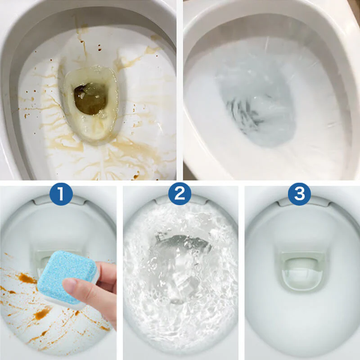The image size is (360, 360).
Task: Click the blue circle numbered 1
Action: coord(61,194)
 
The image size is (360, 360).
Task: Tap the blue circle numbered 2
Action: coord(180,194)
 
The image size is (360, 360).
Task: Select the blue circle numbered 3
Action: coord(299,194)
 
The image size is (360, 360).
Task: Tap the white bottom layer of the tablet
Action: coord(67,303)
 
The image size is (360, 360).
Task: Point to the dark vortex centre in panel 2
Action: coord(180,245)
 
